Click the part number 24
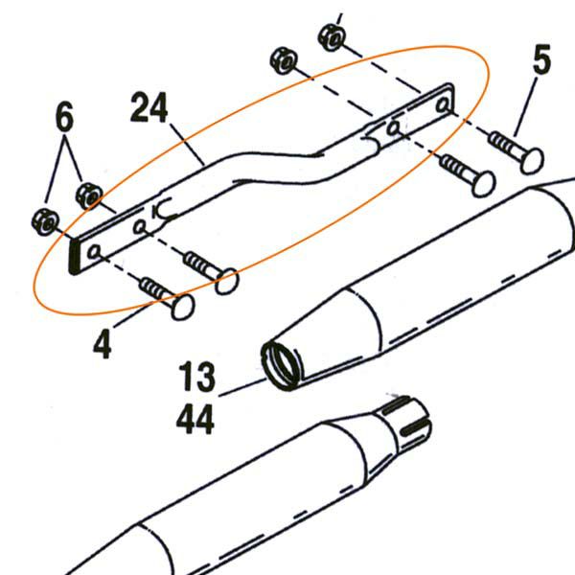[x=149, y=107]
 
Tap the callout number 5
[x=541, y=59]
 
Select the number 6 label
[x=64, y=116]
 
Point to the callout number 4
[x=103, y=344]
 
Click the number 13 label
[x=196, y=377]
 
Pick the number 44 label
[x=195, y=419]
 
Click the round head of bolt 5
[x=531, y=161]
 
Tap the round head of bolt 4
[x=182, y=307]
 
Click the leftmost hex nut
[x=45, y=222]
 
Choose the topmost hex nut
[x=332, y=37]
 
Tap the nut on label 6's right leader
[x=89, y=196]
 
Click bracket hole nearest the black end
[x=94, y=252]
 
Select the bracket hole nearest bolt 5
[x=442, y=105]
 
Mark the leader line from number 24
[x=187, y=144]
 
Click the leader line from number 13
[x=242, y=388]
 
